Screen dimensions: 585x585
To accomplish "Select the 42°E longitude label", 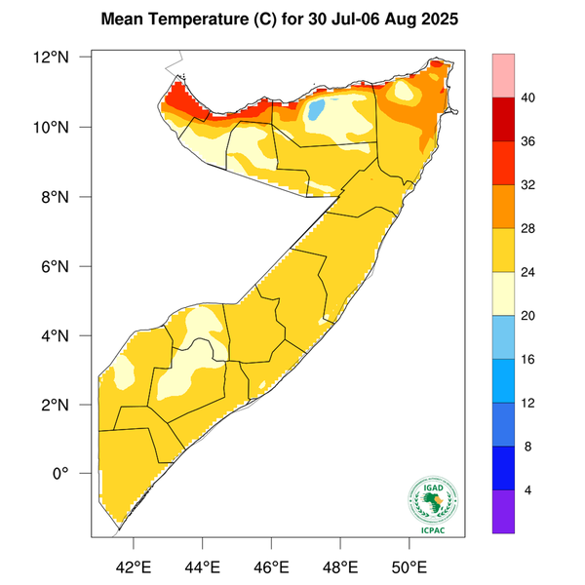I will tap(134, 566).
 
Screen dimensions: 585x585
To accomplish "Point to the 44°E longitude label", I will tap(203, 566).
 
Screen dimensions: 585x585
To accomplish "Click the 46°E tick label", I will tap(271, 566).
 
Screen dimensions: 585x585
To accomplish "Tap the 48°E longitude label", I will tap(340, 566).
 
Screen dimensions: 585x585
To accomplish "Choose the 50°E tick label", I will tap(409, 566).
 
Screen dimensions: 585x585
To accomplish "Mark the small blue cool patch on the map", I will tap(317, 109).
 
